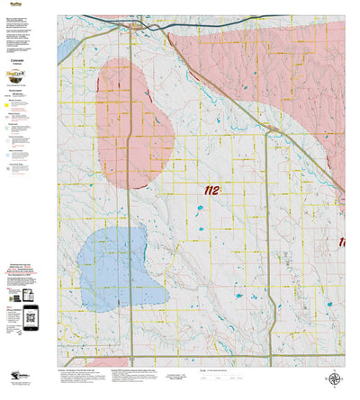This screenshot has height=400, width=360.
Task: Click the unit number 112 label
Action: coord(212,191)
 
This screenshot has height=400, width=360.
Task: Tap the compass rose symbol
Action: coord(334,381)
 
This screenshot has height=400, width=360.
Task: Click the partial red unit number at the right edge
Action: coord(342,242)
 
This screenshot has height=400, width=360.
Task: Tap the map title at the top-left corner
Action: coord(14,4)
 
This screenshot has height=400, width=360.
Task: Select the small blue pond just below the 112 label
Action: coord(200,209)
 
